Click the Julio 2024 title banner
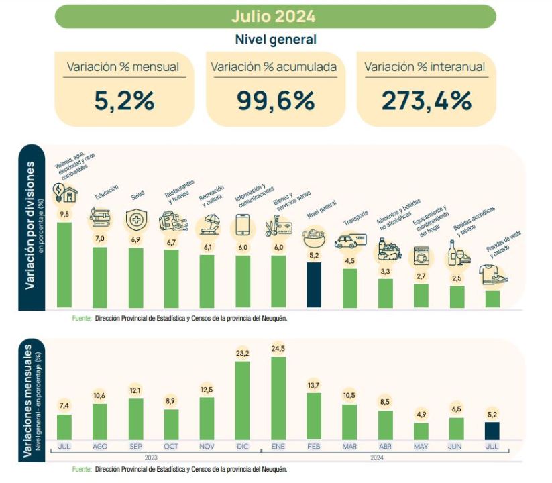coord(275,17)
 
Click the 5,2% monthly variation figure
coord(125,101)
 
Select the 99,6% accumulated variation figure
coord(275,101)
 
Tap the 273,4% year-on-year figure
coord(427,101)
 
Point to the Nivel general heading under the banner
coord(275,40)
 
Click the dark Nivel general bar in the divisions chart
coord(314,284)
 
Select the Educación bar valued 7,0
coord(100,276)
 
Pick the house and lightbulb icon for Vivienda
coord(65,193)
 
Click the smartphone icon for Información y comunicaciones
coord(243,225)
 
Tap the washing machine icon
coord(421,257)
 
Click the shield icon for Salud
coord(136,219)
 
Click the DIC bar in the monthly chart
coord(243,400)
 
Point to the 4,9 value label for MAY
coord(421,413)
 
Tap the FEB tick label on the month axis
coord(314,445)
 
